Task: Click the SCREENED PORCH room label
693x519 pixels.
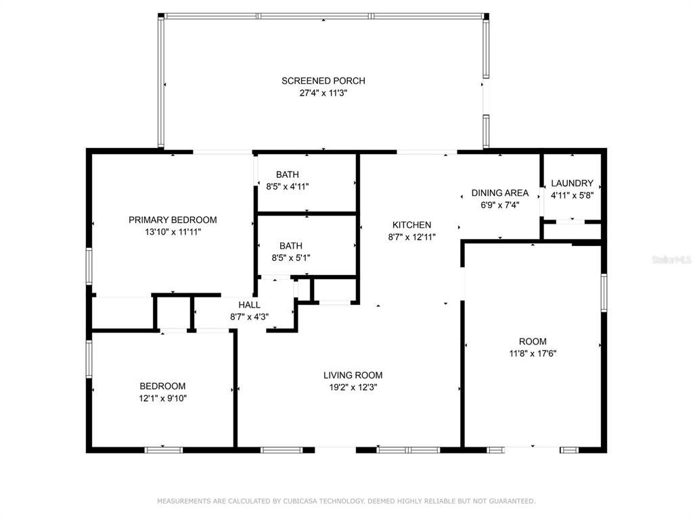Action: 323,81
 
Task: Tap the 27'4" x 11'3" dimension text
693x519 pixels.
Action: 323,93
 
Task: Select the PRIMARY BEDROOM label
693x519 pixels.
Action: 173,220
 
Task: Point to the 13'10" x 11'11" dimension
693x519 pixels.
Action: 173,232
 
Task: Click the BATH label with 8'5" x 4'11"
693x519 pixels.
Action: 287,174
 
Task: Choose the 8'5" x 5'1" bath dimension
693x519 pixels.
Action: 291,257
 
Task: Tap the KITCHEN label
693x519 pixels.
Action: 412,224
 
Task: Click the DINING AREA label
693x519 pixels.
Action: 500,193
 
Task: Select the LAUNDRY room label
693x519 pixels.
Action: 572,183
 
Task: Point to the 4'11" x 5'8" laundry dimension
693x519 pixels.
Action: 572,195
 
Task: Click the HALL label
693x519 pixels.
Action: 249,305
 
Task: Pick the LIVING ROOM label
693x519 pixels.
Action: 353,375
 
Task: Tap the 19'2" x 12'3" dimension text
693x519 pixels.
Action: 353,387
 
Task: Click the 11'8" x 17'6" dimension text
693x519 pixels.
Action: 533,353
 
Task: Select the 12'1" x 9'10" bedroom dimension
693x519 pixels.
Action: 162,399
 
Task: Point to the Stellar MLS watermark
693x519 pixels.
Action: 671,259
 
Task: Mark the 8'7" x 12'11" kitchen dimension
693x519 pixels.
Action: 412,237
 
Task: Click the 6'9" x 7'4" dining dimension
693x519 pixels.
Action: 500,205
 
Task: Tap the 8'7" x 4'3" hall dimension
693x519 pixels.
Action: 249,317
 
